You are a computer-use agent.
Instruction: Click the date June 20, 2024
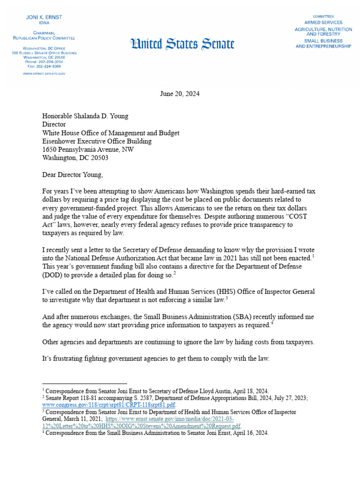click(180, 94)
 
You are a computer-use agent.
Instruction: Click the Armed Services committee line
click(323, 22)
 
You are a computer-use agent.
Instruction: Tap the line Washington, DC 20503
click(75, 158)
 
